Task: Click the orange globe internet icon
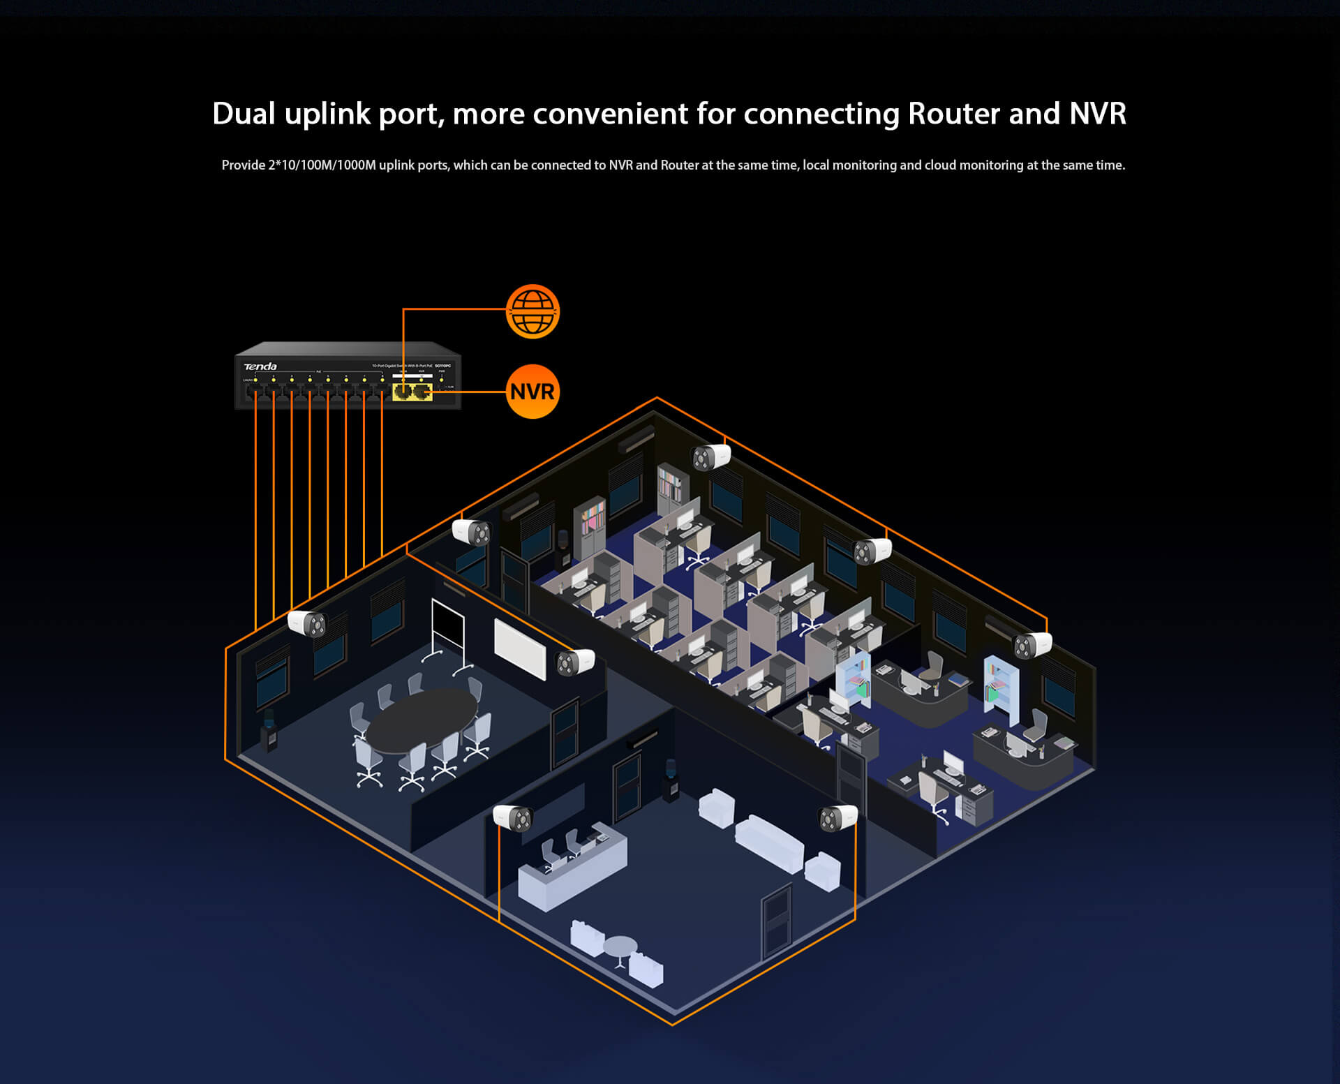pos(533,311)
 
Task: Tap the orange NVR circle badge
pos(533,392)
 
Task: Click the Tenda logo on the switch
pos(260,366)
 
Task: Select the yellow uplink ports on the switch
pos(412,392)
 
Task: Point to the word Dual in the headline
pos(244,114)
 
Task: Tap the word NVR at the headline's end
pos(1098,114)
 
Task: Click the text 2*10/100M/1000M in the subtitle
pos(322,165)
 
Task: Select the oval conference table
pos(422,720)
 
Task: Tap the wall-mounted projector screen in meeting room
pos(520,648)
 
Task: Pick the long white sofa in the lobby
pos(769,842)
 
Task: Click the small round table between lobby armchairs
pos(620,949)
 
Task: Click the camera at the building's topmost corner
pos(710,457)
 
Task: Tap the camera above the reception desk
pos(513,817)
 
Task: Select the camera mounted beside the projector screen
pos(575,662)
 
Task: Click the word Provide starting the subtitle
pos(243,165)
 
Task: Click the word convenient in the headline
pos(611,114)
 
